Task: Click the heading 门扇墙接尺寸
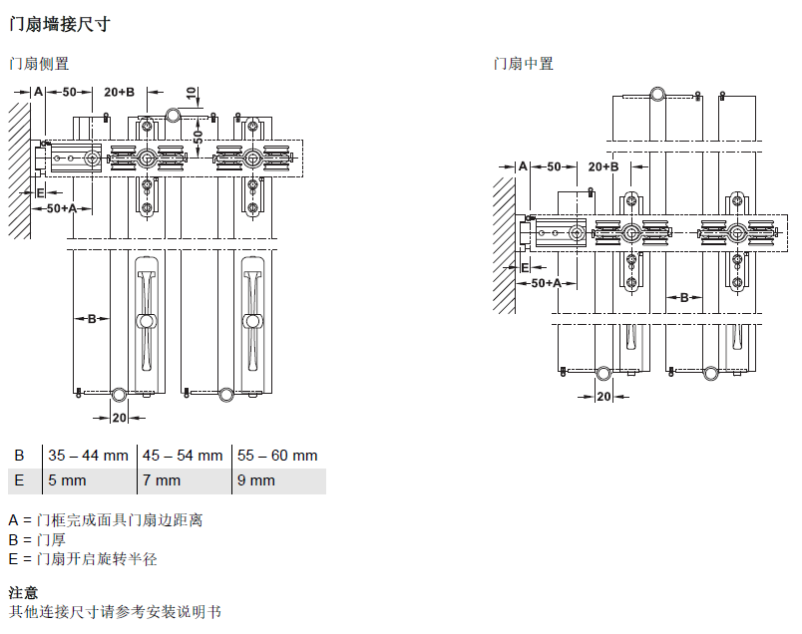(59, 24)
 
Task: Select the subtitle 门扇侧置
(39, 64)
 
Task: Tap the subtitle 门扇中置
(524, 64)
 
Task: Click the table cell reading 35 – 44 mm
(88, 455)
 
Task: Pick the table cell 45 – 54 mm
(183, 455)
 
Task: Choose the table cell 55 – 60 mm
(277, 455)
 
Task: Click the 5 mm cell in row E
(67, 480)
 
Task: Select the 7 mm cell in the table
(162, 480)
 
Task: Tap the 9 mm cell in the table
(256, 480)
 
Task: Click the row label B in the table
(19, 455)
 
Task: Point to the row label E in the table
(19, 480)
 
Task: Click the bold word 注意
(23, 592)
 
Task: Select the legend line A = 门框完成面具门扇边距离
(106, 520)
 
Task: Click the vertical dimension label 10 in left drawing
(192, 93)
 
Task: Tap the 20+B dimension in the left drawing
(119, 92)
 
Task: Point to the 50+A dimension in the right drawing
(547, 283)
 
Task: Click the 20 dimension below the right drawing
(604, 397)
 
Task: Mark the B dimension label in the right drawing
(684, 298)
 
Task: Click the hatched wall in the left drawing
(19, 170)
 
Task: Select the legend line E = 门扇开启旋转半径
(83, 559)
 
